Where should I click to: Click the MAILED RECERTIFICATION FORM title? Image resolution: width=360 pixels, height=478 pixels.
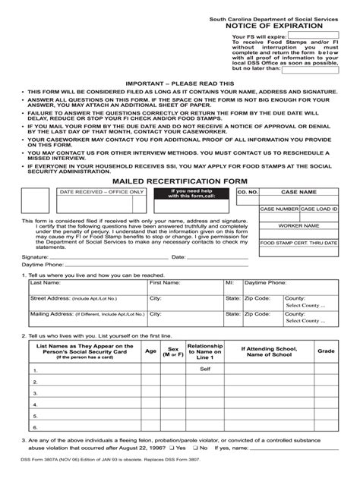pos(180,181)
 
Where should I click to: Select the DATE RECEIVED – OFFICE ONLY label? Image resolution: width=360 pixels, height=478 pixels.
pos(91,193)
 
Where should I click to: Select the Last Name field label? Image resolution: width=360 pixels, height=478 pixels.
pos(45,281)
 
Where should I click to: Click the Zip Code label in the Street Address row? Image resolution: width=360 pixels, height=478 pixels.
pos(258,297)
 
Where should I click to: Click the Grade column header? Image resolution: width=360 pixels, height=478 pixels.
pos(326,351)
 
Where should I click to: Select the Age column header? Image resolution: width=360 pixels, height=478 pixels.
pos(150,351)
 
